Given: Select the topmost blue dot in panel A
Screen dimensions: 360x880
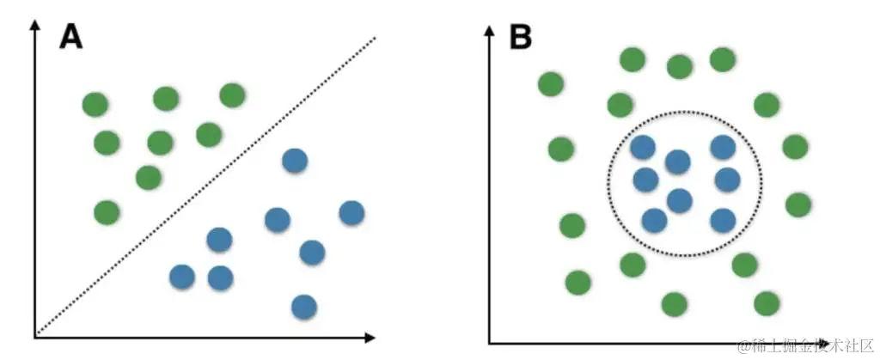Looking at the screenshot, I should [x=295, y=161].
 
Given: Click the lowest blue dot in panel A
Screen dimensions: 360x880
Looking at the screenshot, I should [x=302, y=306].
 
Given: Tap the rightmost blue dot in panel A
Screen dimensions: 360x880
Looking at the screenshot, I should [x=351, y=211].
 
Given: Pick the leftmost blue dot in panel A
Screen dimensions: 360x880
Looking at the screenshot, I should [x=181, y=277].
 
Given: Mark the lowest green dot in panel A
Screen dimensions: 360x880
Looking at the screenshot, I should [x=106, y=211].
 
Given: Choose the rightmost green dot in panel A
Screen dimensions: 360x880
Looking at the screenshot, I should [x=232, y=95].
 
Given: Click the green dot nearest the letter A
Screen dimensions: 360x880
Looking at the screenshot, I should [x=95, y=105].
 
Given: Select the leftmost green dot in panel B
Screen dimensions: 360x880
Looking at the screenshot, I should [x=550, y=83].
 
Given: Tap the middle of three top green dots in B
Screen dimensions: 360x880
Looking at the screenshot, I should [x=679, y=66].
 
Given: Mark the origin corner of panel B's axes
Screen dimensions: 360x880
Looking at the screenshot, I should [x=489, y=343].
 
